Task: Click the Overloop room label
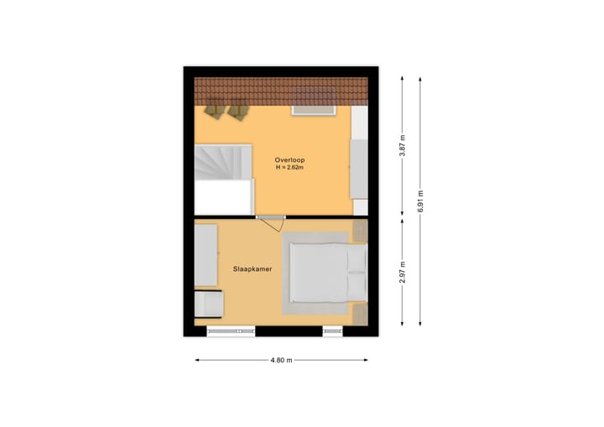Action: coord(289,159)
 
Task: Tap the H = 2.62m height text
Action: coord(289,168)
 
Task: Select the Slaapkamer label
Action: coord(253,269)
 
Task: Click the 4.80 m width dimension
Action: coord(281,361)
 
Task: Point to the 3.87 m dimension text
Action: coord(403,148)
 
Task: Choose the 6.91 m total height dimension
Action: coord(420,202)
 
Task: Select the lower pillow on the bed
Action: coord(357,286)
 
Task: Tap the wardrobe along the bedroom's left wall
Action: coord(206,255)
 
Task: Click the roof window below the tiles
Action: coord(313,109)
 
